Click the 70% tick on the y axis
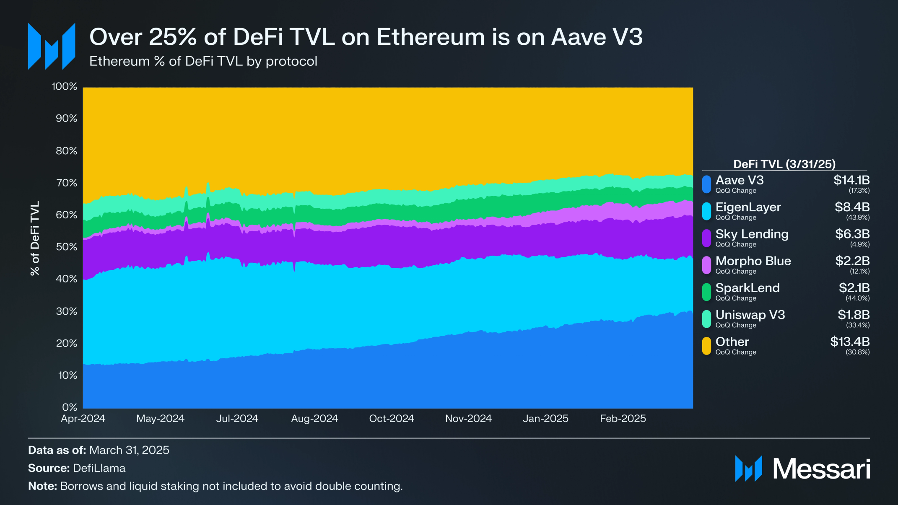66,183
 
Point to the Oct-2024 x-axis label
391,418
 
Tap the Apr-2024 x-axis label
83,418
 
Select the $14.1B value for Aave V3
851,180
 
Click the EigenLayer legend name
748,207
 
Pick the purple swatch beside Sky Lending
706,238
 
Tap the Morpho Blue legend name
753,261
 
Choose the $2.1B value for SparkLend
854,288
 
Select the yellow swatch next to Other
706,346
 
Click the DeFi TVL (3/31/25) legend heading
784,164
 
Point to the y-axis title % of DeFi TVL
35,238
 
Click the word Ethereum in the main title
431,37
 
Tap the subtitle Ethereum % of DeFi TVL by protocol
203,61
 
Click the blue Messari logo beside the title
52,46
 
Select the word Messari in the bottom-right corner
821,469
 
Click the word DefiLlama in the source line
99,468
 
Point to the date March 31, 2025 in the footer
129,450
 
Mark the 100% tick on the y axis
64,86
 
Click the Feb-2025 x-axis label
623,418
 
